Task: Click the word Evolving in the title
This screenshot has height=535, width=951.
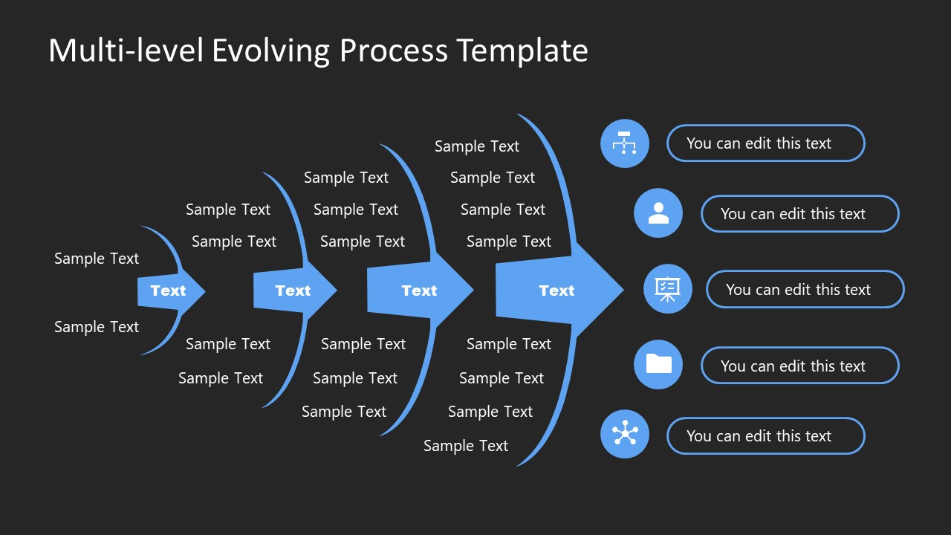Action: pyautogui.click(x=271, y=51)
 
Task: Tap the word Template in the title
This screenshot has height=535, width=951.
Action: pyautogui.click(x=522, y=51)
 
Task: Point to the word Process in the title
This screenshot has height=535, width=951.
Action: pyautogui.click(x=394, y=51)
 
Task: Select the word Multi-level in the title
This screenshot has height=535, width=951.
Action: pyautogui.click(x=126, y=51)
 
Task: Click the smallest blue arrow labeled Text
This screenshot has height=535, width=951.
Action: pyautogui.click(x=169, y=291)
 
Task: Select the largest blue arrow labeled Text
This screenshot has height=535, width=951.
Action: pyautogui.click(x=557, y=291)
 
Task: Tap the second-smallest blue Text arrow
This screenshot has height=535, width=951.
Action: pyautogui.click(x=293, y=291)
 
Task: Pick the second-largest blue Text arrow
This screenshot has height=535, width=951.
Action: pyautogui.click(x=419, y=291)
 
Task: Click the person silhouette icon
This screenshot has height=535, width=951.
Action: pyautogui.click(x=658, y=213)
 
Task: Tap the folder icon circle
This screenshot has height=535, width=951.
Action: pyautogui.click(x=658, y=365)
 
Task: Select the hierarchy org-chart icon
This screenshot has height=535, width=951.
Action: pyautogui.click(x=624, y=143)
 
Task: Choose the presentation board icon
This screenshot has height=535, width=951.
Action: pyautogui.click(x=667, y=289)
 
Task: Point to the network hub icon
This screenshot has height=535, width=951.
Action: pyautogui.click(x=624, y=435)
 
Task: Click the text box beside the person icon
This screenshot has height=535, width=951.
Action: pyautogui.click(x=799, y=214)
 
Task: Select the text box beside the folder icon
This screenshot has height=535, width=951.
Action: pyautogui.click(x=799, y=366)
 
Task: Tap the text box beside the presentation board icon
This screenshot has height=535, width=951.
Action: pyautogui.click(x=805, y=290)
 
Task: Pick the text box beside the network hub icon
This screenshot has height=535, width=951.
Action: pyautogui.click(x=765, y=436)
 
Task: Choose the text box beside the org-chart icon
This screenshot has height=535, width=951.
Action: pyautogui.click(x=765, y=143)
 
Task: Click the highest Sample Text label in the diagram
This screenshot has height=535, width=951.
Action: pyautogui.click(x=476, y=146)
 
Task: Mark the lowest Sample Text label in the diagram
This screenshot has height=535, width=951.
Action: pyautogui.click(x=466, y=446)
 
